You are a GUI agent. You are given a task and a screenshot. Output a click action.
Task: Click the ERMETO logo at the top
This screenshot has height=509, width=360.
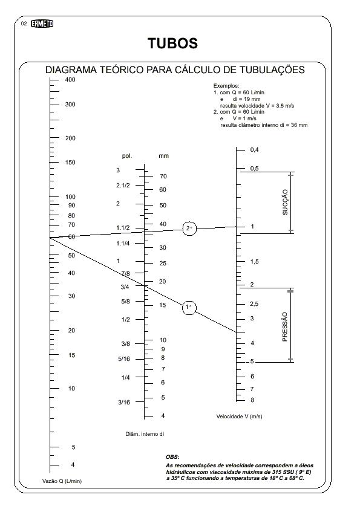(42, 24)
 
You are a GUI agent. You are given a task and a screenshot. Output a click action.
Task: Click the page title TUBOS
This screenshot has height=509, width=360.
(172, 43)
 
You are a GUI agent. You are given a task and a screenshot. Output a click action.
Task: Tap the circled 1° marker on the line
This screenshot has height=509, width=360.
(189, 307)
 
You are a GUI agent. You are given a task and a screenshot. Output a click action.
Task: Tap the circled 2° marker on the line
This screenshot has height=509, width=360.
(189, 229)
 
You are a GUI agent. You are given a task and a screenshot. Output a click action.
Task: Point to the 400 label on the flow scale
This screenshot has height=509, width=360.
(70, 80)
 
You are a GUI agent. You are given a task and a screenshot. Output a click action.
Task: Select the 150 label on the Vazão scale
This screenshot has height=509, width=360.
(70, 162)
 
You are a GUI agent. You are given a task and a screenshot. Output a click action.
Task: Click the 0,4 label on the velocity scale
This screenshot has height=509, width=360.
(254, 150)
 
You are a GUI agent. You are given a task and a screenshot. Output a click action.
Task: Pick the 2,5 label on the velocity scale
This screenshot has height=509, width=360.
(254, 304)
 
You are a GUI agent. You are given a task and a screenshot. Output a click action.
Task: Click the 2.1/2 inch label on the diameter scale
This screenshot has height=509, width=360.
(123, 186)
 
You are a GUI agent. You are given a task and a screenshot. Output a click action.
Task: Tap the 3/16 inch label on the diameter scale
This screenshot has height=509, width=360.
(124, 402)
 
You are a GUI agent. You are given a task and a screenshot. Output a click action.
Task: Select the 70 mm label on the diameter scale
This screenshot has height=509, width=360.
(163, 177)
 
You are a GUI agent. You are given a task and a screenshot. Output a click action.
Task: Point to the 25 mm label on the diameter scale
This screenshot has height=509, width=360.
(163, 263)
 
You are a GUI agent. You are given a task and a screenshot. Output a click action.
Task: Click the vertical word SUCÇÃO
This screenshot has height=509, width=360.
(285, 203)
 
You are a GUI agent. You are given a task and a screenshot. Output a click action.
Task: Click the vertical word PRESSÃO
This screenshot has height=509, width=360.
(285, 327)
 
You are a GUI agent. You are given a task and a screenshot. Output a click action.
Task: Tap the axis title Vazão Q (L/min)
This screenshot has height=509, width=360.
(62, 481)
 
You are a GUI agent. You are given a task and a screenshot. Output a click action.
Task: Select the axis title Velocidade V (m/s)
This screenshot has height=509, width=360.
(239, 417)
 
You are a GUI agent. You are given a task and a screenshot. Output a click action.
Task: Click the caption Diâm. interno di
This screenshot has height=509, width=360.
(145, 434)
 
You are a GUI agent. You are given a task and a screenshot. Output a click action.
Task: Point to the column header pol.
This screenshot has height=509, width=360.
(127, 156)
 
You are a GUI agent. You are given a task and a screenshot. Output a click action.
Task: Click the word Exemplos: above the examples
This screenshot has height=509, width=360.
(226, 86)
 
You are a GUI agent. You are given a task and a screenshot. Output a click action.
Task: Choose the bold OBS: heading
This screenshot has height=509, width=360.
(172, 457)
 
